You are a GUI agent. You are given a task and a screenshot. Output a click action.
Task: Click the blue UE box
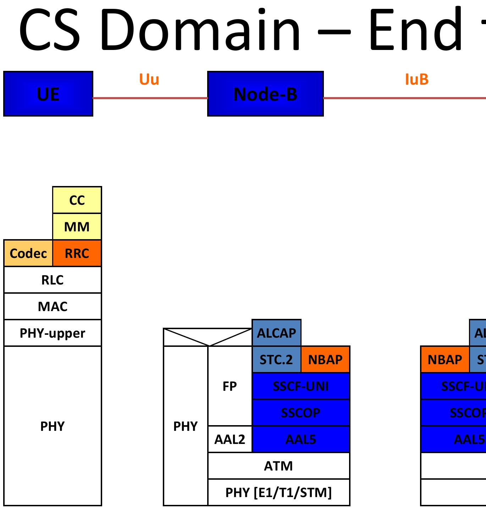[x=48, y=94]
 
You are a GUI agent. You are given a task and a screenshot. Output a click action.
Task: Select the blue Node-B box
[x=265, y=94]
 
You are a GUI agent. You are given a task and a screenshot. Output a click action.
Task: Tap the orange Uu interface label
[x=149, y=79]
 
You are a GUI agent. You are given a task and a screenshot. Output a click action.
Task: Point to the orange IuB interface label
[x=417, y=79]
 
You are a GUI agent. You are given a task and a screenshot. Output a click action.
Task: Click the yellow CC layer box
[x=77, y=200]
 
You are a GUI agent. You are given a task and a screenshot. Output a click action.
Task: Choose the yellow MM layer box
[x=77, y=227]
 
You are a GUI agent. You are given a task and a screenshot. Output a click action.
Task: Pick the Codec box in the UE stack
[x=28, y=253]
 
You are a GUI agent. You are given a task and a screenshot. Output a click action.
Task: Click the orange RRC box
[x=77, y=253]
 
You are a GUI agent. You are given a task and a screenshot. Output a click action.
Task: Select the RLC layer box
[x=53, y=280]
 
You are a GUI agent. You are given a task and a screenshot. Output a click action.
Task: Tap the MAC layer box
[x=53, y=306]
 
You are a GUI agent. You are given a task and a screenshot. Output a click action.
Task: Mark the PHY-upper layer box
[x=53, y=333]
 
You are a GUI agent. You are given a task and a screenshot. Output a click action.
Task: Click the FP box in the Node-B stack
[x=230, y=386]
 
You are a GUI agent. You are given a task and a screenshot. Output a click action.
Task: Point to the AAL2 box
[x=230, y=439]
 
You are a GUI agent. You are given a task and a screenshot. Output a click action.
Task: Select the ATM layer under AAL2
[x=278, y=466]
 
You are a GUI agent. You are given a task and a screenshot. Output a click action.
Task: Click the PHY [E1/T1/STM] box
[x=278, y=492]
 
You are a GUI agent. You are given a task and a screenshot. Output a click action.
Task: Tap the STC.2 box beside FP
[x=276, y=360]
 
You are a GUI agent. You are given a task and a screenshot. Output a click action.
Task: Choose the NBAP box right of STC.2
[x=325, y=360]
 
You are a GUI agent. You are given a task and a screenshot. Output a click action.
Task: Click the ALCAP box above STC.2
[x=276, y=333]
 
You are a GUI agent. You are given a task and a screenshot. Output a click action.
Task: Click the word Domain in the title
[x=200, y=30]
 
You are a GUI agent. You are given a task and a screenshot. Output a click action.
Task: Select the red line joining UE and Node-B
[x=150, y=98]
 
